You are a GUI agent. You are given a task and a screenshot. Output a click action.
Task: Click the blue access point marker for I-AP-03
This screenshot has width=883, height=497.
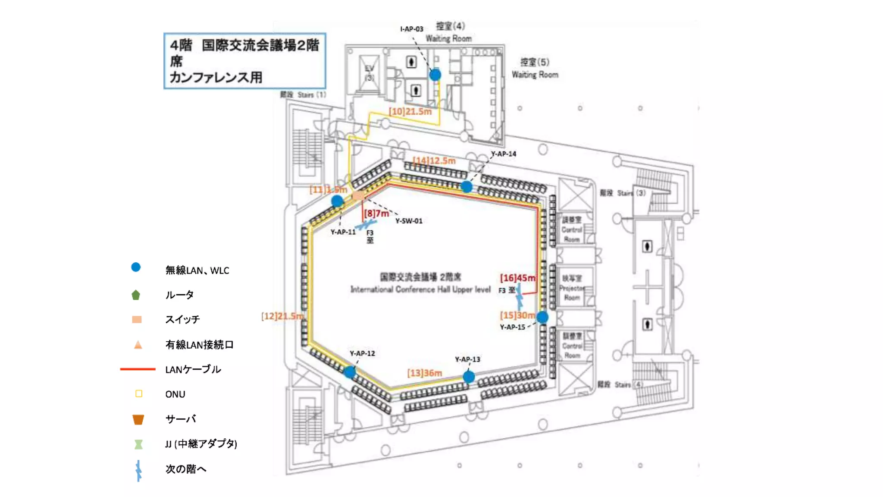click(x=435, y=75)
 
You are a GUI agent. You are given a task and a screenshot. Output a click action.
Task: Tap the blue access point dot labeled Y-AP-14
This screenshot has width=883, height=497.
click(x=467, y=187)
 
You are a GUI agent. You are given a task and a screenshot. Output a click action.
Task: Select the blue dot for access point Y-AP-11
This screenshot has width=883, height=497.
click(x=337, y=201)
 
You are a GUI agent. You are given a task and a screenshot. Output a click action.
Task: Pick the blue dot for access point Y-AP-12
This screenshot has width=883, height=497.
click(x=350, y=372)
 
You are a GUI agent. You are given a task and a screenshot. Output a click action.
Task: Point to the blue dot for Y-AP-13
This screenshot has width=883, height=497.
click(x=469, y=377)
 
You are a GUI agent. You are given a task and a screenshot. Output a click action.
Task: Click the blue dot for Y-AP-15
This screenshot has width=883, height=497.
click(x=542, y=318)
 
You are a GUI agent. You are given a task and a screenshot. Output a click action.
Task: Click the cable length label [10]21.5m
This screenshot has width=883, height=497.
click(x=410, y=111)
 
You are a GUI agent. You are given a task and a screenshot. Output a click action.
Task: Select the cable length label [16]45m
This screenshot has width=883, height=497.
click(x=518, y=278)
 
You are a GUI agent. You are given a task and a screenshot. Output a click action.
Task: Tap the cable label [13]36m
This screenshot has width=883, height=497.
click(x=425, y=373)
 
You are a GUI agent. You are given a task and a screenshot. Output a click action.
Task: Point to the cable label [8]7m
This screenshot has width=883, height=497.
click(x=376, y=213)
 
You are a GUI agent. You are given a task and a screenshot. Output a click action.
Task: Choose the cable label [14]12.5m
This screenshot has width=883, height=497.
click(x=434, y=160)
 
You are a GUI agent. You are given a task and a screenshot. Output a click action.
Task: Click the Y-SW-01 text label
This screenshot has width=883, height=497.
click(x=409, y=221)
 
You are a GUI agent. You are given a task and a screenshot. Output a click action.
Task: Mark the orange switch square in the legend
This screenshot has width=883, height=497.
click(x=137, y=320)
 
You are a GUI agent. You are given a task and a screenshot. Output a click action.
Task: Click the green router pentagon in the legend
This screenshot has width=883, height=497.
click(x=136, y=295)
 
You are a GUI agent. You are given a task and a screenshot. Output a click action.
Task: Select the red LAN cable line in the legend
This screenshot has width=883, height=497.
click(x=138, y=369)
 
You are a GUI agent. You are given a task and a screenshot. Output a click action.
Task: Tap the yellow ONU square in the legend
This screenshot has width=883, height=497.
click(x=139, y=394)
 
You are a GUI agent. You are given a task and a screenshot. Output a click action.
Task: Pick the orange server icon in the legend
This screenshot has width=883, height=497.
click(x=138, y=419)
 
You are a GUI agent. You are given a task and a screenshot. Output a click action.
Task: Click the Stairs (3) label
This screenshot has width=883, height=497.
click(x=623, y=193)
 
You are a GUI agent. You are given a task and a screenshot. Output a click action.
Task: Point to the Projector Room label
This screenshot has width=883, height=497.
click(x=572, y=288)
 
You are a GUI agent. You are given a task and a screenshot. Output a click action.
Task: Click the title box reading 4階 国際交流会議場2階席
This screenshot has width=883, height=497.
click(x=244, y=61)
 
